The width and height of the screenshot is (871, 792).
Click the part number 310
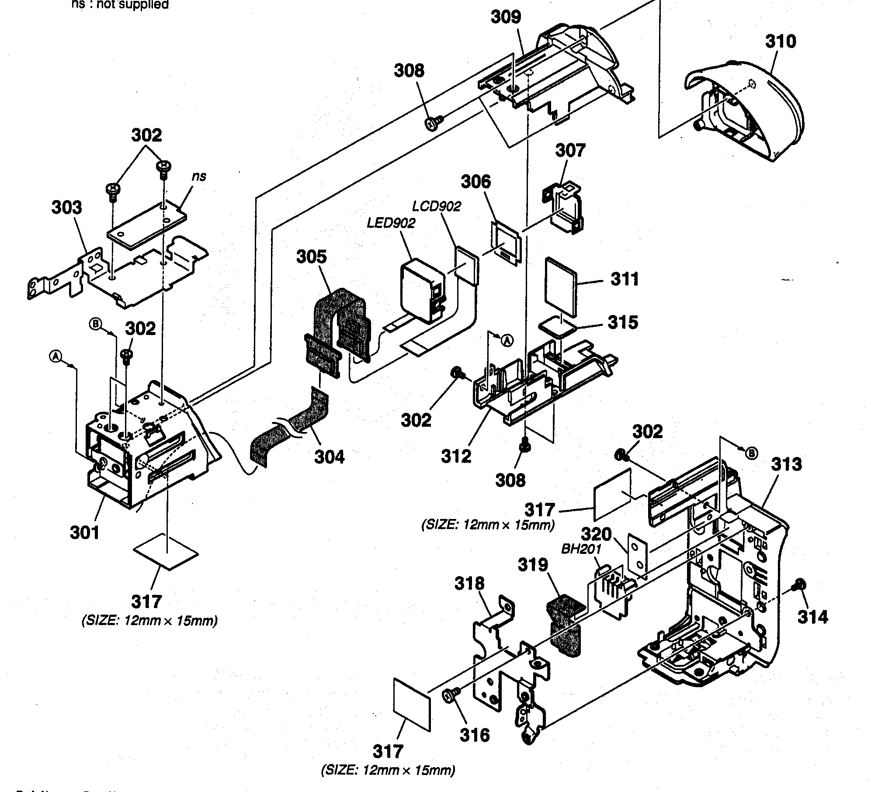pos(781,42)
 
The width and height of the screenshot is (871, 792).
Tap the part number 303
pos(66,208)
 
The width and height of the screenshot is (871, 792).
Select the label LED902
pos(391,223)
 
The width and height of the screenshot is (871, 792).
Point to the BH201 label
pos(581,549)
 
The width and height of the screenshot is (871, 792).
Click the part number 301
pos(85,533)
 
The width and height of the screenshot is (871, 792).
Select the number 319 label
pos(533,565)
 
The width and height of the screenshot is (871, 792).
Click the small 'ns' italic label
pos(199,176)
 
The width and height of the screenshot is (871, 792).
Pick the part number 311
pos(625,279)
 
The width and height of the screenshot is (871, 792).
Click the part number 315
pos(623,322)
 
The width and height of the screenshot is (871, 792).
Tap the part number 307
pos(570,150)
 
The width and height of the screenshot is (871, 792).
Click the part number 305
pos(311,256)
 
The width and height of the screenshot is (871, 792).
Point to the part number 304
pos(330,457)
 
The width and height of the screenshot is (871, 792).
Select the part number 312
pos(456,456)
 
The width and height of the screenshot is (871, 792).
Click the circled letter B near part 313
pos(750,454)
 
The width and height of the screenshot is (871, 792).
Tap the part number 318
pos(469,583)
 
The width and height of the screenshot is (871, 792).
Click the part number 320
pos(596,534)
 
